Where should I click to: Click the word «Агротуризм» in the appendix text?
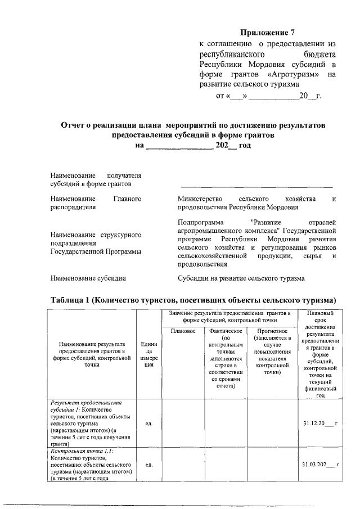tap(295, 74)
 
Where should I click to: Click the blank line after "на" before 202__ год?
tap(179, 145)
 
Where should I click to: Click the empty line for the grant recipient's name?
tap(256, 184)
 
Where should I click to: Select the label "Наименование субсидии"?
tap(88, 278)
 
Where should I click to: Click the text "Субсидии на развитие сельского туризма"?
tap(241, 278)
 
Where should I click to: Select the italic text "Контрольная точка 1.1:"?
tap(82, 451)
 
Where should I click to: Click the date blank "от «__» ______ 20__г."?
tap(268, 96)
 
